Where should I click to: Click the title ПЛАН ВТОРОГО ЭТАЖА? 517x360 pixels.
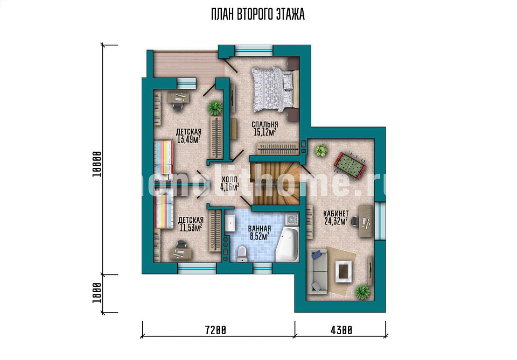coord(257,15)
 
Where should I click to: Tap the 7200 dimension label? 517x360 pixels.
coord(215,330)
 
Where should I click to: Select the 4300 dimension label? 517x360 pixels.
coord(341,330)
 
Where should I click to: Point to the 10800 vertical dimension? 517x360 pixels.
coord(96,164)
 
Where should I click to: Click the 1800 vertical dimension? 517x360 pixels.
coord(96,293)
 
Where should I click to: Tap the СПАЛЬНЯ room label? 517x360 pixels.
coord(265,125)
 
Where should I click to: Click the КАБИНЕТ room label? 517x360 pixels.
coord(336,214)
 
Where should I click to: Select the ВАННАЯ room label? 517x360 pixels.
coord(260,229)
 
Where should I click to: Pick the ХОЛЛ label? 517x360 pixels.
coord(229,180)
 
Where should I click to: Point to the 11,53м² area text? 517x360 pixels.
coord(191,228)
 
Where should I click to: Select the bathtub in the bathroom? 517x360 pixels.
coord(287,244)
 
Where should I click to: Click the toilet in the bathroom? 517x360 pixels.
coord(242,254)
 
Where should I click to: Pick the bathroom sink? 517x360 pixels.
coord(230,224)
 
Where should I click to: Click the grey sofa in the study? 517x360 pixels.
coord(317,272)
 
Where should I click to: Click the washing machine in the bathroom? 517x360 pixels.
coord(292,219)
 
